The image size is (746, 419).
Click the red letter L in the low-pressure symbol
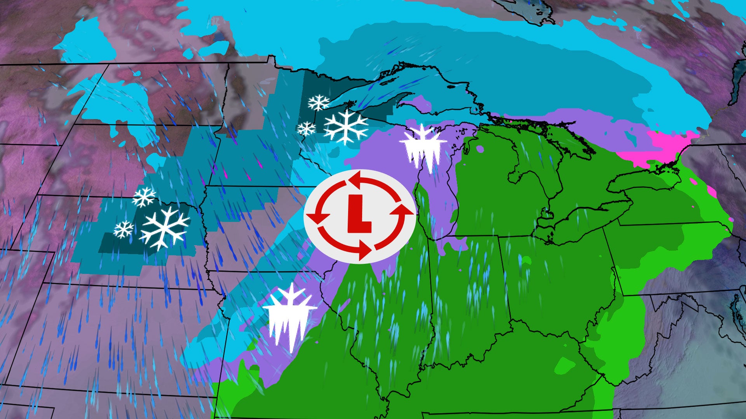(x=358, y=214)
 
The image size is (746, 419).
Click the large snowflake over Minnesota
(x=345, y=127)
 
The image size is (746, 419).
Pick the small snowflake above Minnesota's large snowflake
(x=318, y=103)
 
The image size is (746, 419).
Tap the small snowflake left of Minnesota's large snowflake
(x=307, y=128)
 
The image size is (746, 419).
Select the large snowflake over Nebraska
(x=165, y=228)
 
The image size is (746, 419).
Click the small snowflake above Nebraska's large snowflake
(x=144, y=197)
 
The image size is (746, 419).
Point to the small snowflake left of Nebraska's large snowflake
(x=124, y=229)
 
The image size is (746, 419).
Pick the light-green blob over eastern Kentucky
(x=565, y=365)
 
